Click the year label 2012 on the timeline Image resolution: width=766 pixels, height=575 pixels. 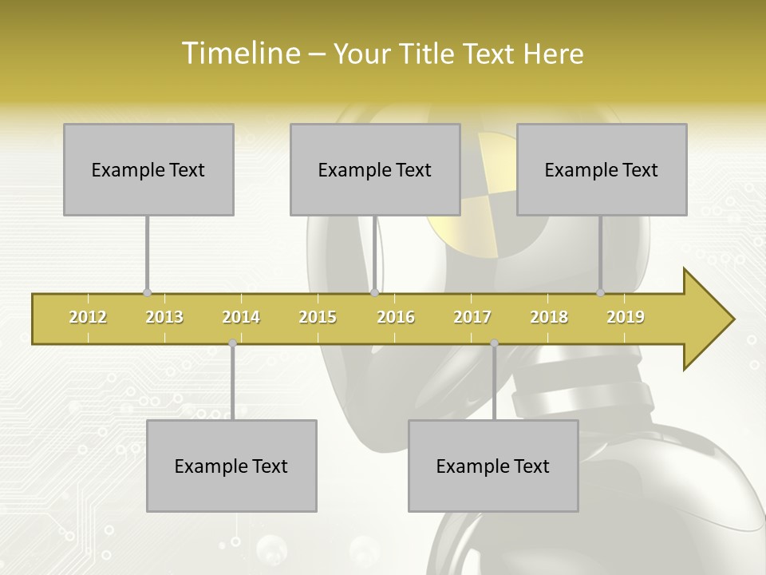[x=88, y=317]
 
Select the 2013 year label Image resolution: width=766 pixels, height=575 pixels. [x=164, y=317]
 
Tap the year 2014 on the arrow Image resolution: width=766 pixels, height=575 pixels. [x=241, y=317]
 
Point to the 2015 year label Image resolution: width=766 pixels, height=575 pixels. [x=318, y=317]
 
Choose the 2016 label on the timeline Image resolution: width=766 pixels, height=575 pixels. [x=396, y=317]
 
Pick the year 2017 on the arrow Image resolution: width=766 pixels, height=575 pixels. [x=472, y=317]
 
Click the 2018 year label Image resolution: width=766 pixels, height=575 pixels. [x=549, y=317]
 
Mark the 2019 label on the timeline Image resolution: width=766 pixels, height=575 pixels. [x=626, y=317]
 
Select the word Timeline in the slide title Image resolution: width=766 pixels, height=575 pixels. [x=240, y=54]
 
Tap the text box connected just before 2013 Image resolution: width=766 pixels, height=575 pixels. [x=148, y=169]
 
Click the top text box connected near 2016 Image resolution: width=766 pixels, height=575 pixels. [x=375, y=169]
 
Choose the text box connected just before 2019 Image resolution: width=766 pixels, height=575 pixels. [x=602, y=169]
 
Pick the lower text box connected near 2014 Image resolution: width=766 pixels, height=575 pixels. [x=231, y=466]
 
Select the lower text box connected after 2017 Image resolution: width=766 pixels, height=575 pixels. [x=493, y=466]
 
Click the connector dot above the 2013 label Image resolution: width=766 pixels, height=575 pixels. [x=147, y=293]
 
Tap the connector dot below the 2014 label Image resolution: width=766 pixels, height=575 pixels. [x=232, y=343]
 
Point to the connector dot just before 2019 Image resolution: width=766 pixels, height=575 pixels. [x=600, y=293]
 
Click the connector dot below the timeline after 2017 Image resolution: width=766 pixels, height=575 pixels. [x=494, y=343]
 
